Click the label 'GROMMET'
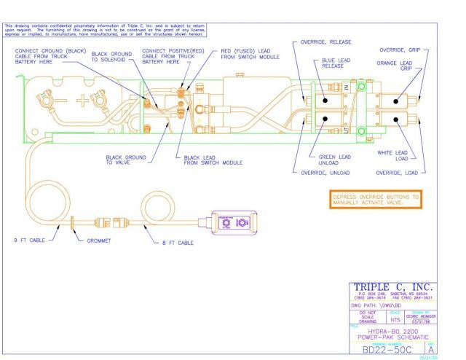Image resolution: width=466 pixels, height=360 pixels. click(98, 239)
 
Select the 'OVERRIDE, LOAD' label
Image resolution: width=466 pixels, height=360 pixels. click(397, 173)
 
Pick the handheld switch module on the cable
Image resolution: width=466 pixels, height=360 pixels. click(234, 222)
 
